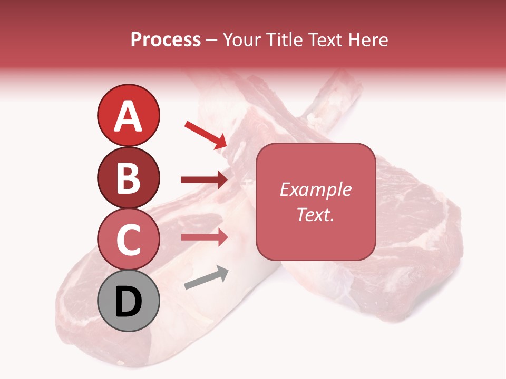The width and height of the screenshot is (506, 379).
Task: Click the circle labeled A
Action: click(x=128, y=115)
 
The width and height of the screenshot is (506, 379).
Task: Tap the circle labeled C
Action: click(x=128, y=239)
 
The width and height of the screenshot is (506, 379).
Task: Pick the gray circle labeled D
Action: click(x=128, y=301)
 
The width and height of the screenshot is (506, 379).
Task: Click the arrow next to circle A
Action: click(x=206, y=135)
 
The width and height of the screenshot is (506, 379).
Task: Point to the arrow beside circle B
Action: click(x=204, y=180)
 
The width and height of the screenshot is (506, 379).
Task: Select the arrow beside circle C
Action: click(x=204, y=237)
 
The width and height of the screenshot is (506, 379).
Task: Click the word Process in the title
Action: click(x=166, y=39)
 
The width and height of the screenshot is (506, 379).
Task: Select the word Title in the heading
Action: click(x=284, y=39)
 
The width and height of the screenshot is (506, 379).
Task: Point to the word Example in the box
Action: click(x=316, y=189)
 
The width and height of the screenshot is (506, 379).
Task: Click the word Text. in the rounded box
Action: click(x=316, y=214)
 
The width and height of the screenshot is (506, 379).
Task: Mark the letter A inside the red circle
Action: click(x=128, y=116)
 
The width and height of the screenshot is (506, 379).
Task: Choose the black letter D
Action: click(x=128, y=302)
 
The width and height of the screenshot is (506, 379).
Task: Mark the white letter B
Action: click(x=128, y=178)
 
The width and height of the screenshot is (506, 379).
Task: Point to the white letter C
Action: click(x=128, y=240)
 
